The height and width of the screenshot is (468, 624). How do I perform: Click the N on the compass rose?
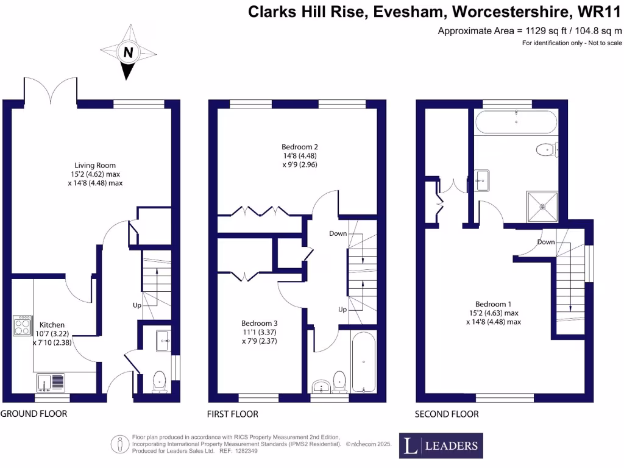coord(128,52)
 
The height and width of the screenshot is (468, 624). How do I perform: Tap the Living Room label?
coord(95,165)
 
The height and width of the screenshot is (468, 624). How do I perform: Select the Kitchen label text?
coord(52,325)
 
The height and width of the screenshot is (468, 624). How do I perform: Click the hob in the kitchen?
coord(23,326)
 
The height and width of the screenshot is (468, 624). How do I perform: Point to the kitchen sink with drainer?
coord(51,382)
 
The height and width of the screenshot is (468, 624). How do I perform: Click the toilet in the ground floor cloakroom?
coord(159,381)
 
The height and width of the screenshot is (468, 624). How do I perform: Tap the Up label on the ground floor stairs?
coord(137,305)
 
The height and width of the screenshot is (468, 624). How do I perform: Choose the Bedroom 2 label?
coord(300,147)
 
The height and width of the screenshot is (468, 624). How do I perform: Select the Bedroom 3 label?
coord(260,323)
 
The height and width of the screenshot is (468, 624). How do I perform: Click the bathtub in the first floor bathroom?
coord(363,361)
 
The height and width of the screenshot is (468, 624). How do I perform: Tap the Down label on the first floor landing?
coord(338,233)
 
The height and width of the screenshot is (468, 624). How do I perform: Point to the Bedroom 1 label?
coord(494,304)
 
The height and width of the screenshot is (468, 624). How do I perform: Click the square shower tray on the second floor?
coord(542,207)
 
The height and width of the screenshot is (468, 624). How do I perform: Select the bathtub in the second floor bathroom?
coord(516,122)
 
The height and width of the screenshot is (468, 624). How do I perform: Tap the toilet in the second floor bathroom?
coord(547,150)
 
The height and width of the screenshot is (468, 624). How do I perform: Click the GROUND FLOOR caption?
coord(34,414)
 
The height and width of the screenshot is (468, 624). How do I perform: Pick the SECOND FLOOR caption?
coord(447,414)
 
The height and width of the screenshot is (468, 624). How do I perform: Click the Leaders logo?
coord(441,445)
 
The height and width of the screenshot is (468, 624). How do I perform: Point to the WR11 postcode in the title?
coord(599,12)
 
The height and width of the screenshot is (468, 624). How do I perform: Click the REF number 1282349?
coord(246,451)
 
